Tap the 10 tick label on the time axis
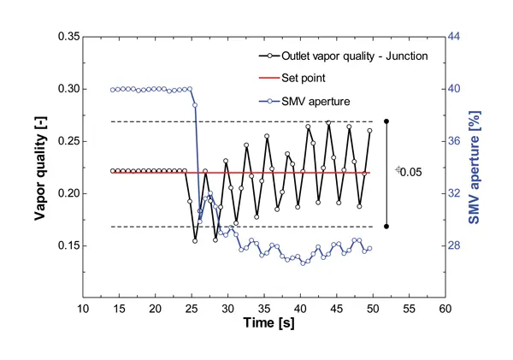[83, 307]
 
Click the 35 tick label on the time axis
[263, 307]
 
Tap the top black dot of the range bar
[387, 121]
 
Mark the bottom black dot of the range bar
[387, 226]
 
